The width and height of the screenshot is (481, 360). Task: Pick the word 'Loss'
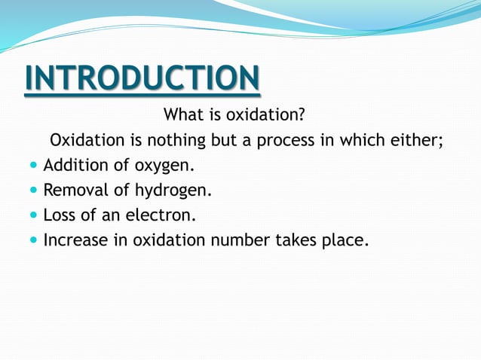click(60, 215)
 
